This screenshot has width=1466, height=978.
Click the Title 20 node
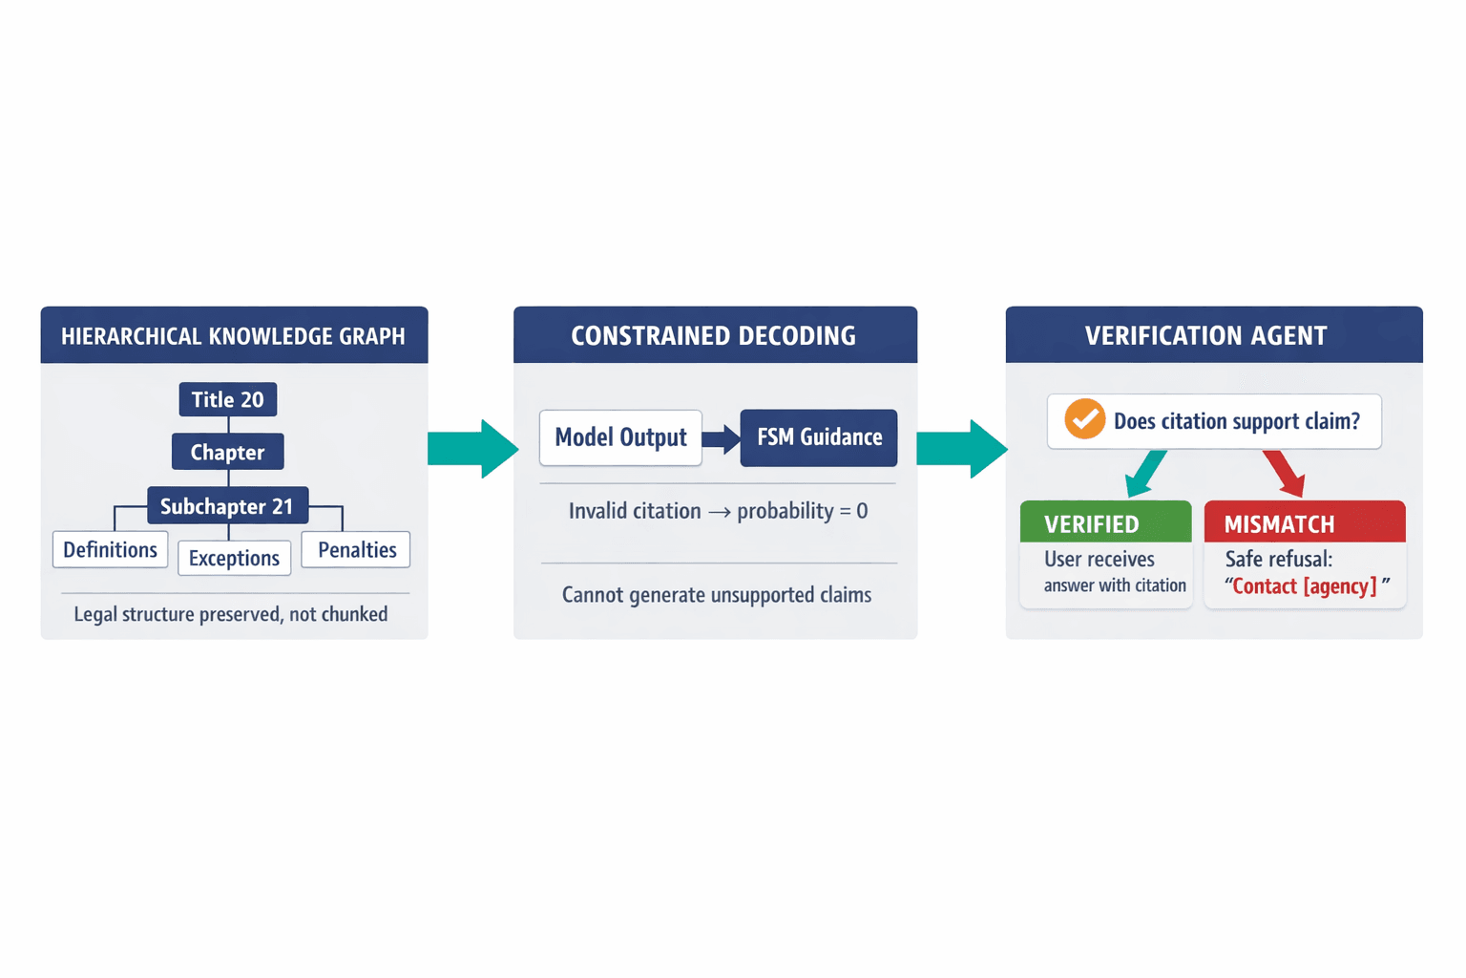(x=227, y=399)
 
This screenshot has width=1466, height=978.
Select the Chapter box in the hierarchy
(x=227, y=452)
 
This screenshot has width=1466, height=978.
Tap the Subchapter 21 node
(x=227, y=506)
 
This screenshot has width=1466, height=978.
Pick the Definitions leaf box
(x=110, y=550)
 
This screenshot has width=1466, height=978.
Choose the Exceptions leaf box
(x=234, y=558)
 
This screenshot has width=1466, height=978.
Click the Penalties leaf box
(x=356, y=550)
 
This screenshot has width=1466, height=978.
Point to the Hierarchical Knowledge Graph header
(x=234, y=335)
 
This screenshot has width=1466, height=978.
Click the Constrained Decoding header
(x=714, y=335)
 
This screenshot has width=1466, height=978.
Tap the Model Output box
(x=620, y=437)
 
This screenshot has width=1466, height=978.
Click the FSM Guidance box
(x=819, y=437)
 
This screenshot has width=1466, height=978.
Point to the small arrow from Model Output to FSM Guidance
(x=722, y=438)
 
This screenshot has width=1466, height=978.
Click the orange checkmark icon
(x=1084, y=419)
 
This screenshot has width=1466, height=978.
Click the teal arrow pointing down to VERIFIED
(x=1145, y=473)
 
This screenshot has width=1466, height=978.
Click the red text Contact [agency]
(x=1304, y=586)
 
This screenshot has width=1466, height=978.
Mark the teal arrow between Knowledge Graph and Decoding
(x=472, y=448)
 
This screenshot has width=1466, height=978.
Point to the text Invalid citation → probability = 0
(x=718, y=511)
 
